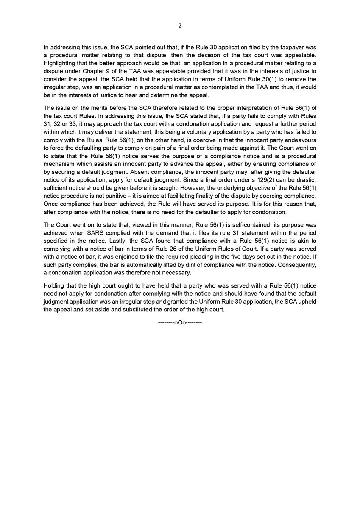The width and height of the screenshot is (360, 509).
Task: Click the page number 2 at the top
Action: [x=180, y=25]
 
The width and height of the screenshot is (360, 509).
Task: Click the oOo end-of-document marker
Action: [x=180, y=322]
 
